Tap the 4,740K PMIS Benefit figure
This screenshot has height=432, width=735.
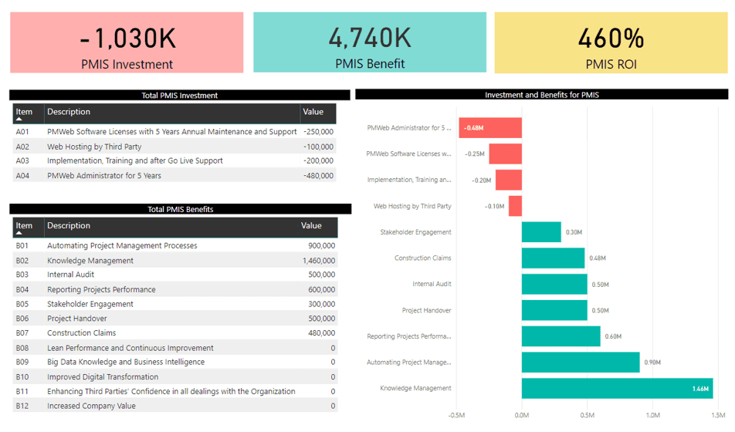pos(370,37)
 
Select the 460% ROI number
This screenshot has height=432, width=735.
pos(611,37)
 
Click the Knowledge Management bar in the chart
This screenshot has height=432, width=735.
pos(616,389)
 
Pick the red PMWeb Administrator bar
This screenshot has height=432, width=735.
pos(490,128)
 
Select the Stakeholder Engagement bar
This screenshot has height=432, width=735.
pos(541,232)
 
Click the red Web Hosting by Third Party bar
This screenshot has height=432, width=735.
pos(515,207)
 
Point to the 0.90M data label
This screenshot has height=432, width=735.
pos(653,363)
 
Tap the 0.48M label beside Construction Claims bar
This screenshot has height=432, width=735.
pos(598,258)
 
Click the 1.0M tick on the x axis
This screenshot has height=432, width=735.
pos(652,414)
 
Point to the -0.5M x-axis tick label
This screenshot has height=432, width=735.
pos(456,414)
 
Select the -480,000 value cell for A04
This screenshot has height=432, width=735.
pos(318,176)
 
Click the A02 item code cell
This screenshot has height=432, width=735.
pos(22,147)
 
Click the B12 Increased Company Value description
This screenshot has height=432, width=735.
pos(91,406)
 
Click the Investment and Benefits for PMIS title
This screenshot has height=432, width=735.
pos(541,95)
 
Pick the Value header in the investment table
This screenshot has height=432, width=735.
pos(313,113)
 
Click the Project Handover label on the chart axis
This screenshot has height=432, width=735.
pos(426,311)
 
